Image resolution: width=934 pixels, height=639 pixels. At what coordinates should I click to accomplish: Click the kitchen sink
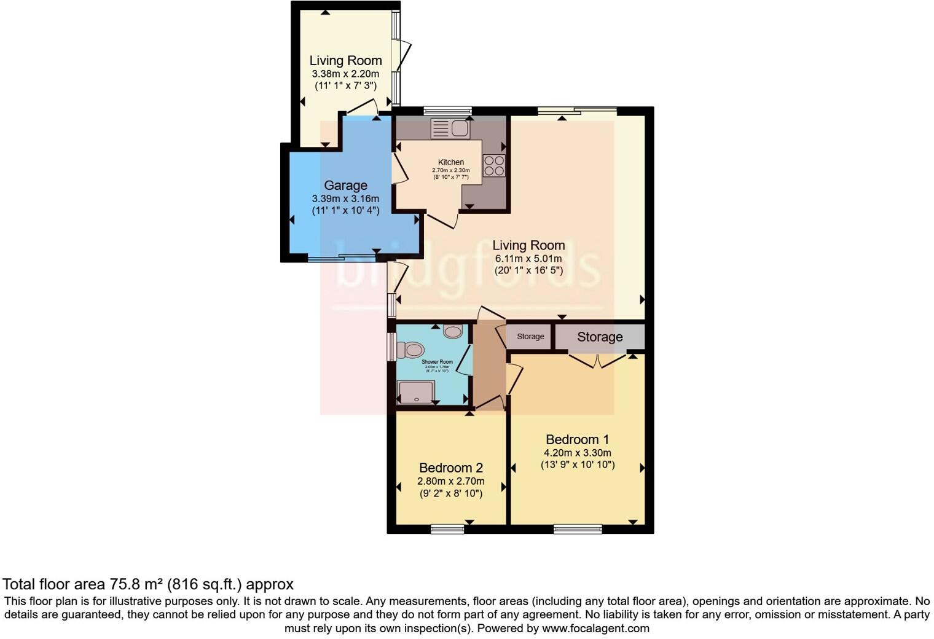click(x=451, y=128)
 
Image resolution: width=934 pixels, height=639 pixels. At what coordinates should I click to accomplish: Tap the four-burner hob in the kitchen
click(x=494, y=165)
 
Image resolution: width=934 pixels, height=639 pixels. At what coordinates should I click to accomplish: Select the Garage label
click(x=345, y=185)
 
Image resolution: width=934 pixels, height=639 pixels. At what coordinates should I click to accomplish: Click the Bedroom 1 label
click(x=577, y=439)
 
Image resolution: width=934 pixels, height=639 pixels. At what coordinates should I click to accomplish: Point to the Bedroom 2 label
click(x=450, y=468)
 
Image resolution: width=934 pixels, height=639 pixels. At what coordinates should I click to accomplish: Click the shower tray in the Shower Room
click(x=417, y=391)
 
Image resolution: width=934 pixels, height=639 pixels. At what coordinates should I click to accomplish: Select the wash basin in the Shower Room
click(x=453, y=332)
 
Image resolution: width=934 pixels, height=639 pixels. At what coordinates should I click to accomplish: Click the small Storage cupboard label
click(x=530, y=337)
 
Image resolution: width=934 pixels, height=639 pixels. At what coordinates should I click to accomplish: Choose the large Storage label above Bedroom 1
click(x=600, y=337)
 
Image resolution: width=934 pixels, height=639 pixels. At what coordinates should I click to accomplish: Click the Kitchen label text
click(x=451, y=162)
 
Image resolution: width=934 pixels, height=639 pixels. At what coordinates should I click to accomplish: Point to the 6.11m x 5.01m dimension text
click(x=528, y=259)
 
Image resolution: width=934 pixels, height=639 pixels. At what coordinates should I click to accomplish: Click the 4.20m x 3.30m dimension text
click(x=577, y=453)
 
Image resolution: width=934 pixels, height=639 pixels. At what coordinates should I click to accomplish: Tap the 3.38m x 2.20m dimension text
click(x=345, y=74)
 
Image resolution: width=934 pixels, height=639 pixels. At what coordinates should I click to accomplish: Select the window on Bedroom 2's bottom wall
click(x=447, y=528)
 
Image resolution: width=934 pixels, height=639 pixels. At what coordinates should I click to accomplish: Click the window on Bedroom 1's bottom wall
click(x=578, y=528)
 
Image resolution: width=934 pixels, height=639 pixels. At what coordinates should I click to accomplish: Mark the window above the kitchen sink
click(x=447, y=111)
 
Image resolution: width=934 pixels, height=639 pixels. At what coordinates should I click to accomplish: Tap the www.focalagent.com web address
click(x=595, y=628)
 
